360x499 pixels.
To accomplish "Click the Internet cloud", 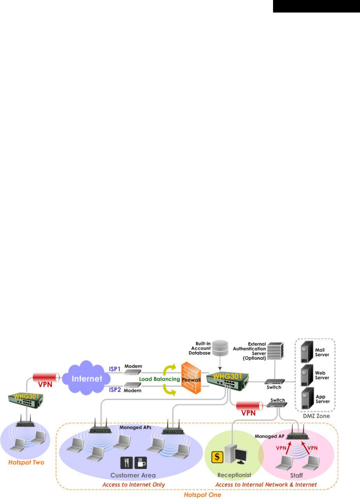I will click(87, 378).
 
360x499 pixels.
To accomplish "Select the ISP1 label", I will click(115, 369).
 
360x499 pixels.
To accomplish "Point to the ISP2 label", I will click(115, 390).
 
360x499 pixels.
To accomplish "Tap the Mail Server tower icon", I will click(307, 352).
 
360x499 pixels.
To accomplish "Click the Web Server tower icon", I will click(307, 375).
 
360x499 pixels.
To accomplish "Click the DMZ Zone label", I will click(316, 416).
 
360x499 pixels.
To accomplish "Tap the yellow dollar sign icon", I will click(217, 456).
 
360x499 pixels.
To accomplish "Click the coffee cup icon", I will click(141, 463).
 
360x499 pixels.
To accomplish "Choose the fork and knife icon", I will click(126, 463).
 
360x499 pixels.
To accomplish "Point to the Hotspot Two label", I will click(26, 462).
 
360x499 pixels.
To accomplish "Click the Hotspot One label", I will click(202, 495).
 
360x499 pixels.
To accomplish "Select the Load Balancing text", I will click(159, 379).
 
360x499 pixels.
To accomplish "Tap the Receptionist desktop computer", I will click(235, 455).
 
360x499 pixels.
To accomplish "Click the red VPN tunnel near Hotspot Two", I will click(46, 377).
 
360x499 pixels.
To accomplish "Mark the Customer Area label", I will click(133, 475).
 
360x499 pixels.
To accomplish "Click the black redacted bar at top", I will click(316, 6).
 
